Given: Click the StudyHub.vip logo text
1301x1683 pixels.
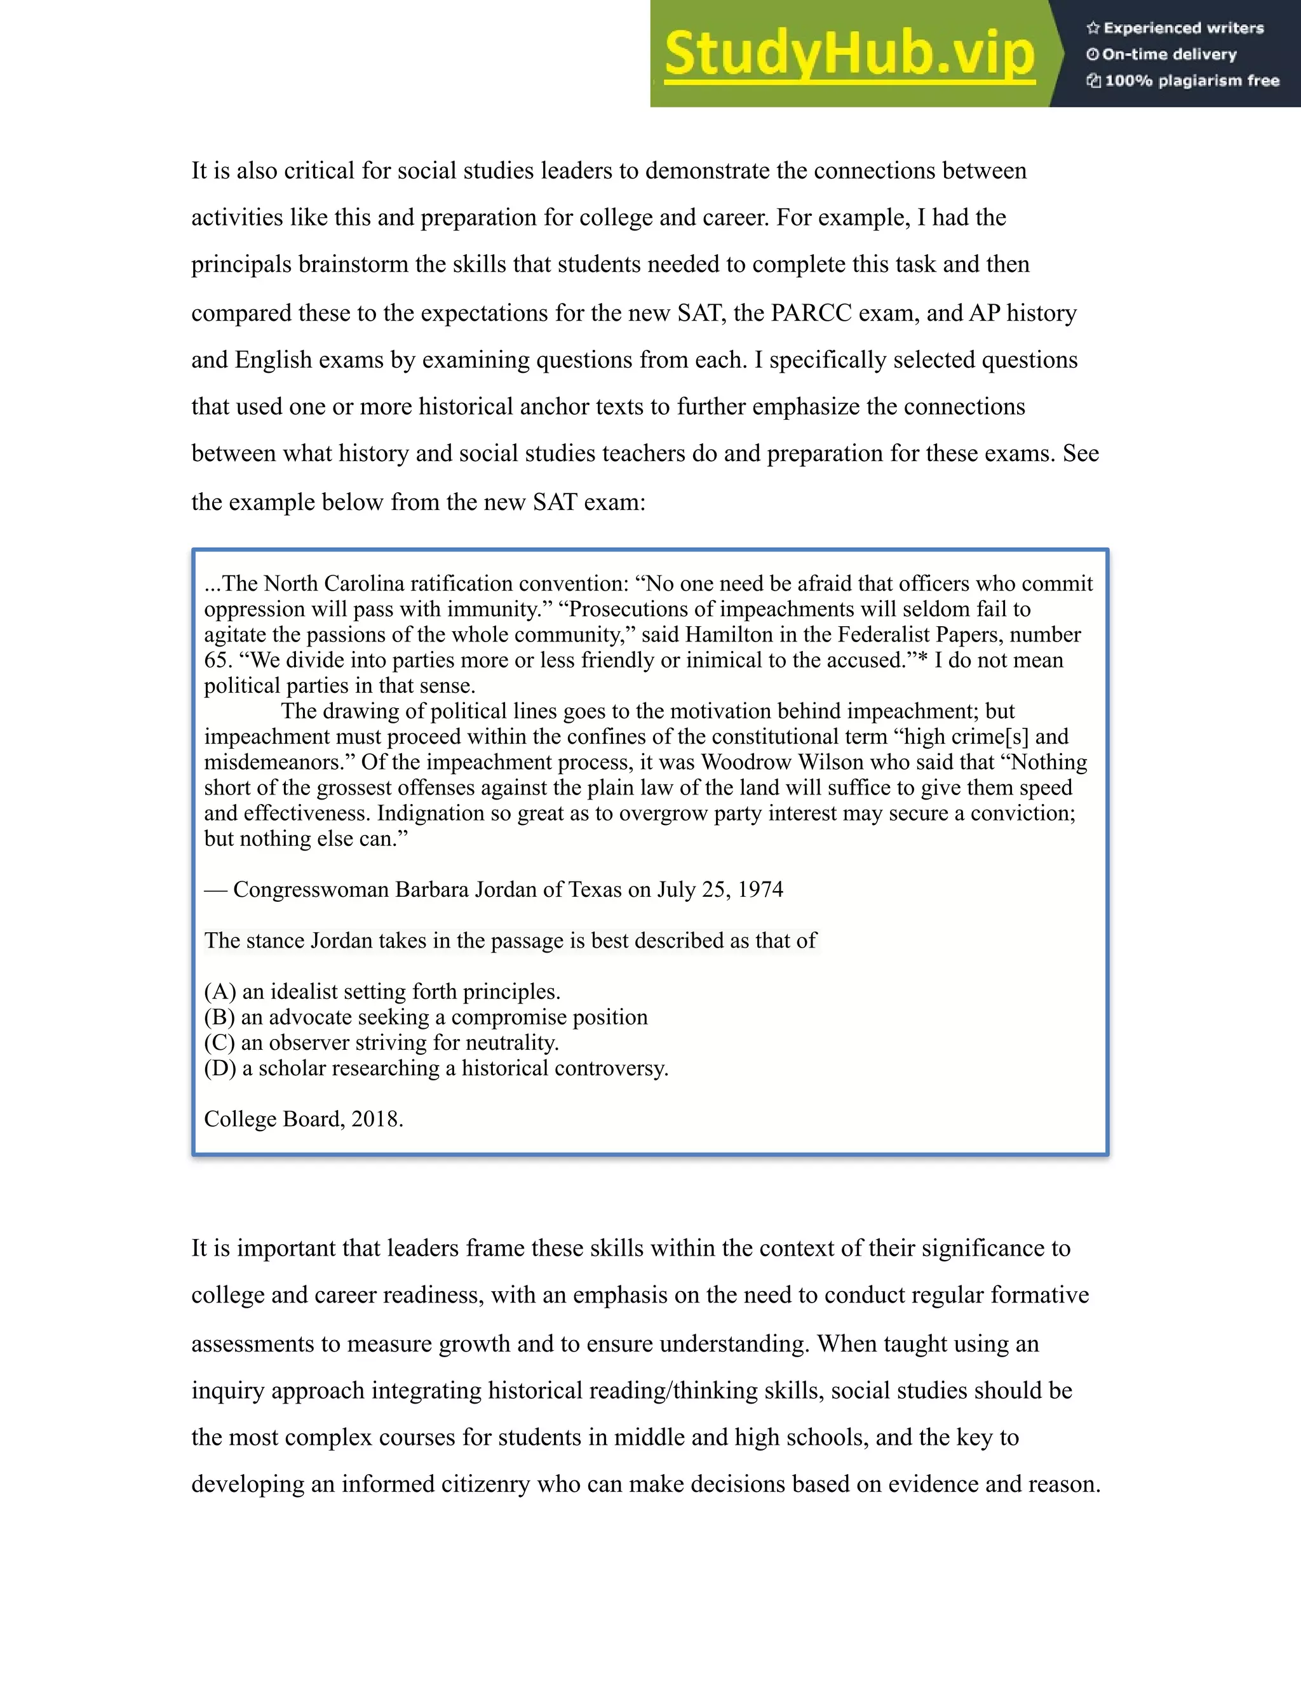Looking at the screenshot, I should (849, 54).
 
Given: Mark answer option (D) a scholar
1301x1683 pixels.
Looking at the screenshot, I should (435, 1068).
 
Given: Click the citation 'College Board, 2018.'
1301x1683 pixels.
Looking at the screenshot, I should (304, 1119).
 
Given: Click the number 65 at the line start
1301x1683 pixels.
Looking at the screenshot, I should (217, 660).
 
